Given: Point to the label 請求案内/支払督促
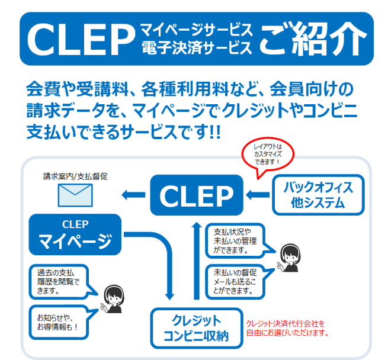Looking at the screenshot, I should [75, 176].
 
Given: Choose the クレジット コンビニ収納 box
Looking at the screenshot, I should [196, 328].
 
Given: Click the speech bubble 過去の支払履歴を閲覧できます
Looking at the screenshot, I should [58, 281].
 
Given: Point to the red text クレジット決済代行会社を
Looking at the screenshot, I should [284, 323].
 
